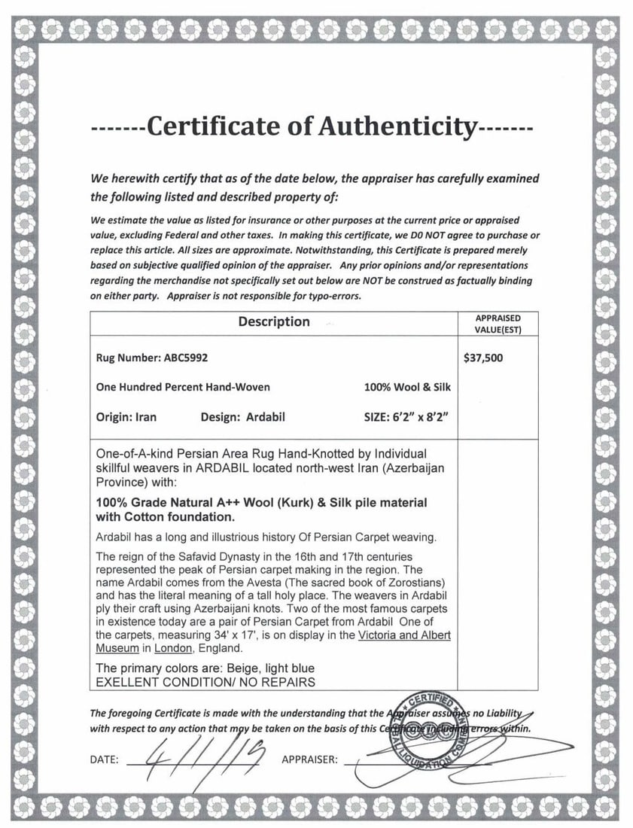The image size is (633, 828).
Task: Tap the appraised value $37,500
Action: pos(484,358)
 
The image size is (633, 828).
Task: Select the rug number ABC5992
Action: pos(192,358)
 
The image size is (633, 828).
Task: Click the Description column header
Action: pos(274,322)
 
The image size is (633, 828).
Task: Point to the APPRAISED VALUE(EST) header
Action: pos(498,324)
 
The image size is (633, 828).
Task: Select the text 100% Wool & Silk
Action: pos(406,387)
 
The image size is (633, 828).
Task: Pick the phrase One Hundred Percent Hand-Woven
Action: pos(183,387)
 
